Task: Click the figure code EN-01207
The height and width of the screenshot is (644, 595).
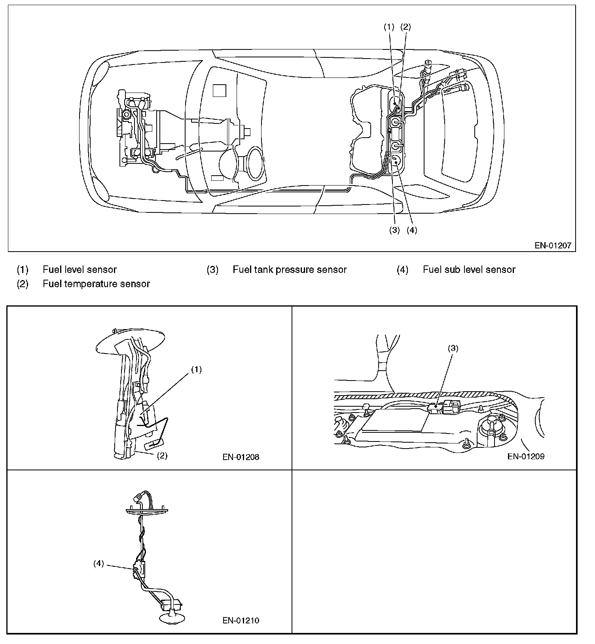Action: [553, 245]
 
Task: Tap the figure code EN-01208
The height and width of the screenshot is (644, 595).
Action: [241, 457]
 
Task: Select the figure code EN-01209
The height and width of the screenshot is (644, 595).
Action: [526, 456]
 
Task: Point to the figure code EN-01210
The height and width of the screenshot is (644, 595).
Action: [241, 621]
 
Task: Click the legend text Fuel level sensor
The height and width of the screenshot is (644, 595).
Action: [80, 270]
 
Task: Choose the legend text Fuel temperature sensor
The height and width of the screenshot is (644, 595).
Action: [96, 284]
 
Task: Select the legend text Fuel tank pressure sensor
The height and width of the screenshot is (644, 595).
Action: [290, 270]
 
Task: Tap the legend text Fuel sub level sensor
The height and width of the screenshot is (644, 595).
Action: [469, 270]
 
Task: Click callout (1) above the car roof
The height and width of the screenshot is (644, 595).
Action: [389, 27]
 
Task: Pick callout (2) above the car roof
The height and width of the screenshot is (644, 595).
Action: [406, 27]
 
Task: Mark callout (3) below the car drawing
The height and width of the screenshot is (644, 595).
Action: [394, 230]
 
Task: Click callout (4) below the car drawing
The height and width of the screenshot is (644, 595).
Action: [411, 230]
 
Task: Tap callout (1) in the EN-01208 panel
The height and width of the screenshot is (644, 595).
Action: [197, 369]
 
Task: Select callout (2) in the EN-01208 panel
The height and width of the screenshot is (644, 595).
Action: [162, 455]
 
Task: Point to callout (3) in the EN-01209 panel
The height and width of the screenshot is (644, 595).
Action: [453, 348]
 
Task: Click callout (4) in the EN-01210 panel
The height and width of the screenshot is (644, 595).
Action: [99, 564]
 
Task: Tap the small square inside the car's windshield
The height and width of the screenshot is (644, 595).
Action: [219, 91]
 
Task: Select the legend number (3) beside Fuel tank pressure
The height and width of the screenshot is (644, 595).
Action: [212, 270]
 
